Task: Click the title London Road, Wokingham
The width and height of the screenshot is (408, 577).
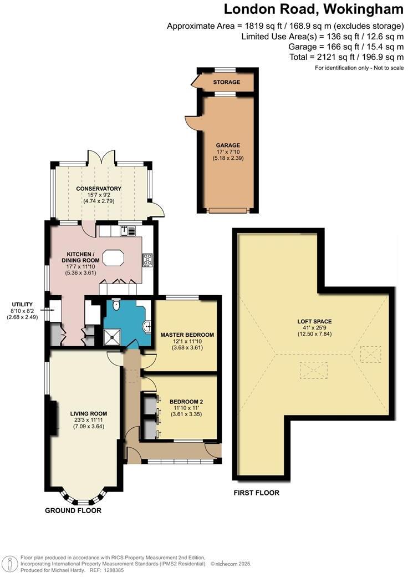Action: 313,9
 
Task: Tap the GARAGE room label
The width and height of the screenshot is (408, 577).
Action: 228,145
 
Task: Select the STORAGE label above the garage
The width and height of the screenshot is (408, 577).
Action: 228,82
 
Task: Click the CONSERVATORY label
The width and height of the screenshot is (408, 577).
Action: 99,189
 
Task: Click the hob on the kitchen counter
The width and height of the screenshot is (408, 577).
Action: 147,259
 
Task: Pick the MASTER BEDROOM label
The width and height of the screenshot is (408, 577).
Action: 187,335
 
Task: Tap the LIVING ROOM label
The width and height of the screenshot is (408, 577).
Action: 89,413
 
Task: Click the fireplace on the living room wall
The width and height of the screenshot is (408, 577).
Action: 54,417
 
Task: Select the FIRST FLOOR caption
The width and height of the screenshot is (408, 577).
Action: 256,493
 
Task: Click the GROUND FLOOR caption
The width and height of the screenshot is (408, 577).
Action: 73,510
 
